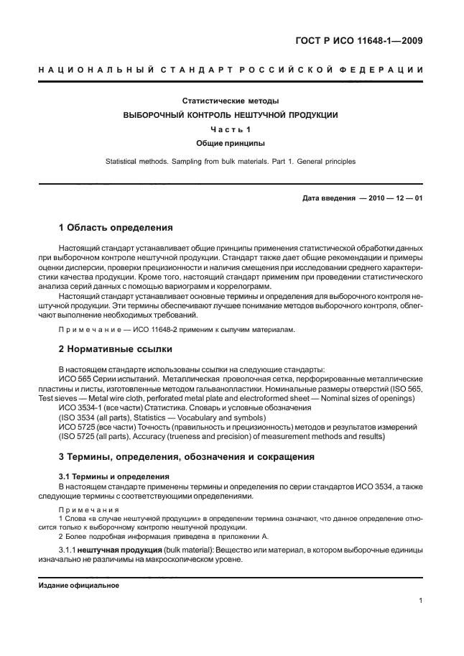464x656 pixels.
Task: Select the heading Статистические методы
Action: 231,101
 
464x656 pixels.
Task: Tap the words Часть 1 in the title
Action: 231,129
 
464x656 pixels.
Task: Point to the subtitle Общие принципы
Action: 231,144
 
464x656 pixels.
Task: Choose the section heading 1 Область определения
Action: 116,228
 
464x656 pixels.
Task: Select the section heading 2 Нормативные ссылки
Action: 115,350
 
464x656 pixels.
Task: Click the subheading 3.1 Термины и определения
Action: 113,476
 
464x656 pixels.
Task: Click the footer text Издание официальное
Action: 78,585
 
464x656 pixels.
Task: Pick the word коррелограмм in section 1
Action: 243,285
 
